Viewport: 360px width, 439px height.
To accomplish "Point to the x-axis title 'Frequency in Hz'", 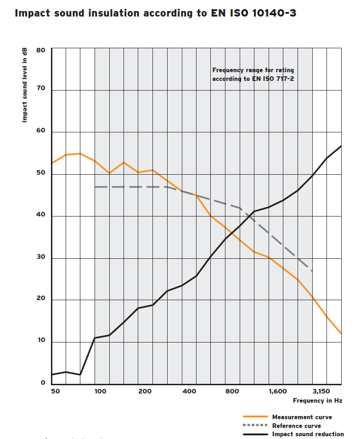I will coord(317,400).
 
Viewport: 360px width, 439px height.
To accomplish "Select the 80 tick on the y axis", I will coord(40,50).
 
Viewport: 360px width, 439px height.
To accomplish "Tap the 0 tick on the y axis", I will coord(43,382).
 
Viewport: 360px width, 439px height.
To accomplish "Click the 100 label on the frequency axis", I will coord(101,391).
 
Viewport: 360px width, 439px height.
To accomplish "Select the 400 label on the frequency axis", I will coord(189,391).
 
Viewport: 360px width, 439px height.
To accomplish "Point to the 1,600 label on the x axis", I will coord(278,391).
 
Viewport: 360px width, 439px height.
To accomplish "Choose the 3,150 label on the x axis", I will coord(321,391).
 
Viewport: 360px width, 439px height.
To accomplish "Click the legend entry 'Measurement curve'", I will coord(302,417).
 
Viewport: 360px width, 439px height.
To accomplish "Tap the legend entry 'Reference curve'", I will coord(296,426).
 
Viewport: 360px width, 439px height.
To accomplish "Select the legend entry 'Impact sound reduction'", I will coord(308,434).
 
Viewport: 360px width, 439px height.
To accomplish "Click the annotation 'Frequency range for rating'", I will coord(253,70).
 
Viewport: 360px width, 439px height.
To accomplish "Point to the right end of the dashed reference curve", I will coord(312,271).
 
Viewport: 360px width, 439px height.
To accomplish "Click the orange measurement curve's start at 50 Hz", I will coord(52,163).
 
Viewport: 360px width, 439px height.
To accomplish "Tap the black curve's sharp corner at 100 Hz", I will coord(95,338).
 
